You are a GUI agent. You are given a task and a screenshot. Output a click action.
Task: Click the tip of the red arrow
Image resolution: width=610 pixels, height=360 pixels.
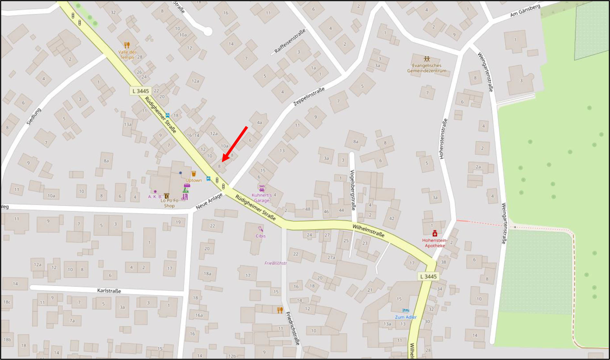(222, 161)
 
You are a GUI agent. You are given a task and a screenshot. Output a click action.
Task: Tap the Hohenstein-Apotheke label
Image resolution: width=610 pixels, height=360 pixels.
(435, 243)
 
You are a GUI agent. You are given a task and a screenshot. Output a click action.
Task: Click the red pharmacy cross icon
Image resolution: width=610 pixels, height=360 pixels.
(435, 234)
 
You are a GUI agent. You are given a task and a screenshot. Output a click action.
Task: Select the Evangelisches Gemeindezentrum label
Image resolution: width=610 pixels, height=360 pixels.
(427, 68)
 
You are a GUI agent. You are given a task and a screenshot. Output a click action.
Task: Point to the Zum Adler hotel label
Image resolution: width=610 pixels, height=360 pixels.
(406, 317)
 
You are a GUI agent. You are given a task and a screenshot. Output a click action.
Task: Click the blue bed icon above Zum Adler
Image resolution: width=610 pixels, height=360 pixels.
(406, 311)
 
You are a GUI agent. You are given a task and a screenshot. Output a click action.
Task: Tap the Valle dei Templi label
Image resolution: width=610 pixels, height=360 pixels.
(127, 55)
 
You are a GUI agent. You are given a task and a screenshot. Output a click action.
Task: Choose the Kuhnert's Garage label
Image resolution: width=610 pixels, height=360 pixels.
(262, 198)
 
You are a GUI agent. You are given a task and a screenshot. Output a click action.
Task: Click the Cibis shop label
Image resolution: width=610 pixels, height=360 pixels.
(261, 236)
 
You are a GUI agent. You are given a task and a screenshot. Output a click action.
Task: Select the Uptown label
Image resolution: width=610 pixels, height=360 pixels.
(194, 180)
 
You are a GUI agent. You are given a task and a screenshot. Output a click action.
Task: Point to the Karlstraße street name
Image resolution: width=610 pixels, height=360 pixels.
(109, 291)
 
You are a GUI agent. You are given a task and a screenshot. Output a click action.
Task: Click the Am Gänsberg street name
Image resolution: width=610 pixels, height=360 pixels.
(525, 11)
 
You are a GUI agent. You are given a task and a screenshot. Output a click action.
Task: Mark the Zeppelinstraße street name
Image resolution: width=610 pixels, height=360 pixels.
(309, 97)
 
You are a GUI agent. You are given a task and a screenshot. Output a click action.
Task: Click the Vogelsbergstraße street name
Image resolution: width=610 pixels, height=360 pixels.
(353, 190)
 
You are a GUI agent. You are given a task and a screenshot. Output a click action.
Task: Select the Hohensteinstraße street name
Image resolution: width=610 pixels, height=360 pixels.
(443, 139)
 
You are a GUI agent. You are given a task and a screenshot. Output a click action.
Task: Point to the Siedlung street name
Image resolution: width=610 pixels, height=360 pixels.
(34, 117)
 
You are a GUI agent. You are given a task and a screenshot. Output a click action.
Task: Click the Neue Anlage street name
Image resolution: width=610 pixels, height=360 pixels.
(209, 201)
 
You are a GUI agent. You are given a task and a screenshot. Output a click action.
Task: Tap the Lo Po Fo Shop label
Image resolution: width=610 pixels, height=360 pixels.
(169, 203)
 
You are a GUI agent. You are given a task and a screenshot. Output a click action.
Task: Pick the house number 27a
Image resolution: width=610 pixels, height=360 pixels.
(331, 257)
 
